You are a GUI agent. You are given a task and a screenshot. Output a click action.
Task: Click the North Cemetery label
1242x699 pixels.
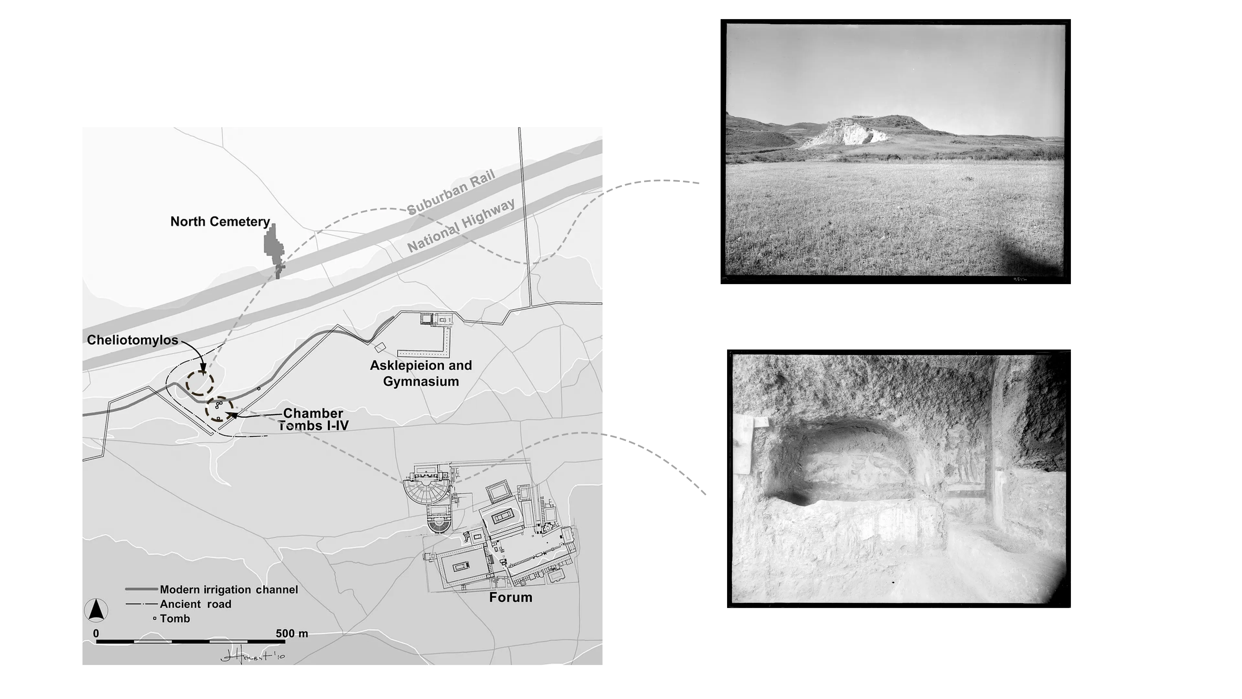(x=220, y=221)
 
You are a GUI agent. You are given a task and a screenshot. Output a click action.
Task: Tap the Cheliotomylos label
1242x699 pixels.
(x=133, y=340)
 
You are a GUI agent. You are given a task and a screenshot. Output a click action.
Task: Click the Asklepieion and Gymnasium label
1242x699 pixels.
(x=421, y=373)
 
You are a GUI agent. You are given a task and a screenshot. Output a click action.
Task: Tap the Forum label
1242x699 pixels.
(x=511, y=597)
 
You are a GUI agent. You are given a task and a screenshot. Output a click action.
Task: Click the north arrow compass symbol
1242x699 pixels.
(x=96, y=610)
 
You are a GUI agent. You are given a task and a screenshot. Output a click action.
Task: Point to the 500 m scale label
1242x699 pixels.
(x=292, y=633)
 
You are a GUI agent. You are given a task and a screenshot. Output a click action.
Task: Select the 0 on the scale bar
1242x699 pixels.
(x=96, y=633)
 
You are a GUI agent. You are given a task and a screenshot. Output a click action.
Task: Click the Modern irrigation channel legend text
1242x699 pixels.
(x=229, y=590)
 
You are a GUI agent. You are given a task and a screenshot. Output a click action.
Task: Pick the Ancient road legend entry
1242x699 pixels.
(x=195, y=604)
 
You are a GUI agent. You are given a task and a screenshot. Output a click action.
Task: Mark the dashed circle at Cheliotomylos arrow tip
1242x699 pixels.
(x=200, y=383)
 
